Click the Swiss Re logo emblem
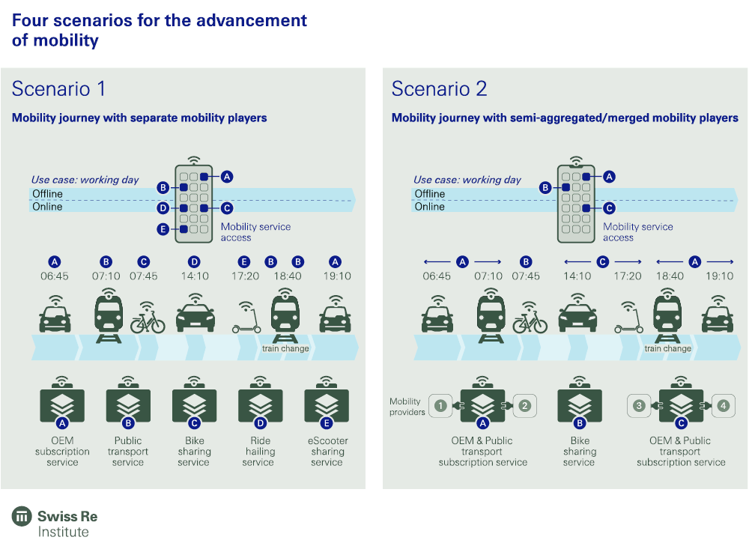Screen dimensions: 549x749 click(22, 517)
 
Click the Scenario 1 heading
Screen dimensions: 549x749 click(58, 89)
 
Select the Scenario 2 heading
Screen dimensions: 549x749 click(439, 89)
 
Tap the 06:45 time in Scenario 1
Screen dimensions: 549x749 click(54, 276)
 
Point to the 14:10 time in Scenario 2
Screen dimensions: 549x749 click(577, 276)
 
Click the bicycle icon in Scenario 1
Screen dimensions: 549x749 click(148, 320)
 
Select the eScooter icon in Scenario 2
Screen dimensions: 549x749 click(628, 320)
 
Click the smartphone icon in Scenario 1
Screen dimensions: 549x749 click(193, 202)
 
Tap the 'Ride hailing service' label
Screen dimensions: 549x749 click(259, 452)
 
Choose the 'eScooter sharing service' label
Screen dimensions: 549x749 click(327, 452)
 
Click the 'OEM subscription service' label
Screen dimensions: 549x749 click(62, 452)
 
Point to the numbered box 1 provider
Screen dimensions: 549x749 click(441, 406)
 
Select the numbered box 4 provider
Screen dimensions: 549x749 click(722, 406)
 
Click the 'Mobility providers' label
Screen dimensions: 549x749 click(407, 407)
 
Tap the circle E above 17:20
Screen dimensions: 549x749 click(243, 261)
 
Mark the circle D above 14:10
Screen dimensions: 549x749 click(195, 261)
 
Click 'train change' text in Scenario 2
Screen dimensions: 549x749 click(667, 348)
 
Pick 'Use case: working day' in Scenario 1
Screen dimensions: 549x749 click(85, 180)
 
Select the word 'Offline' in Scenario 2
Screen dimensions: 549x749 click(430, 194)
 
